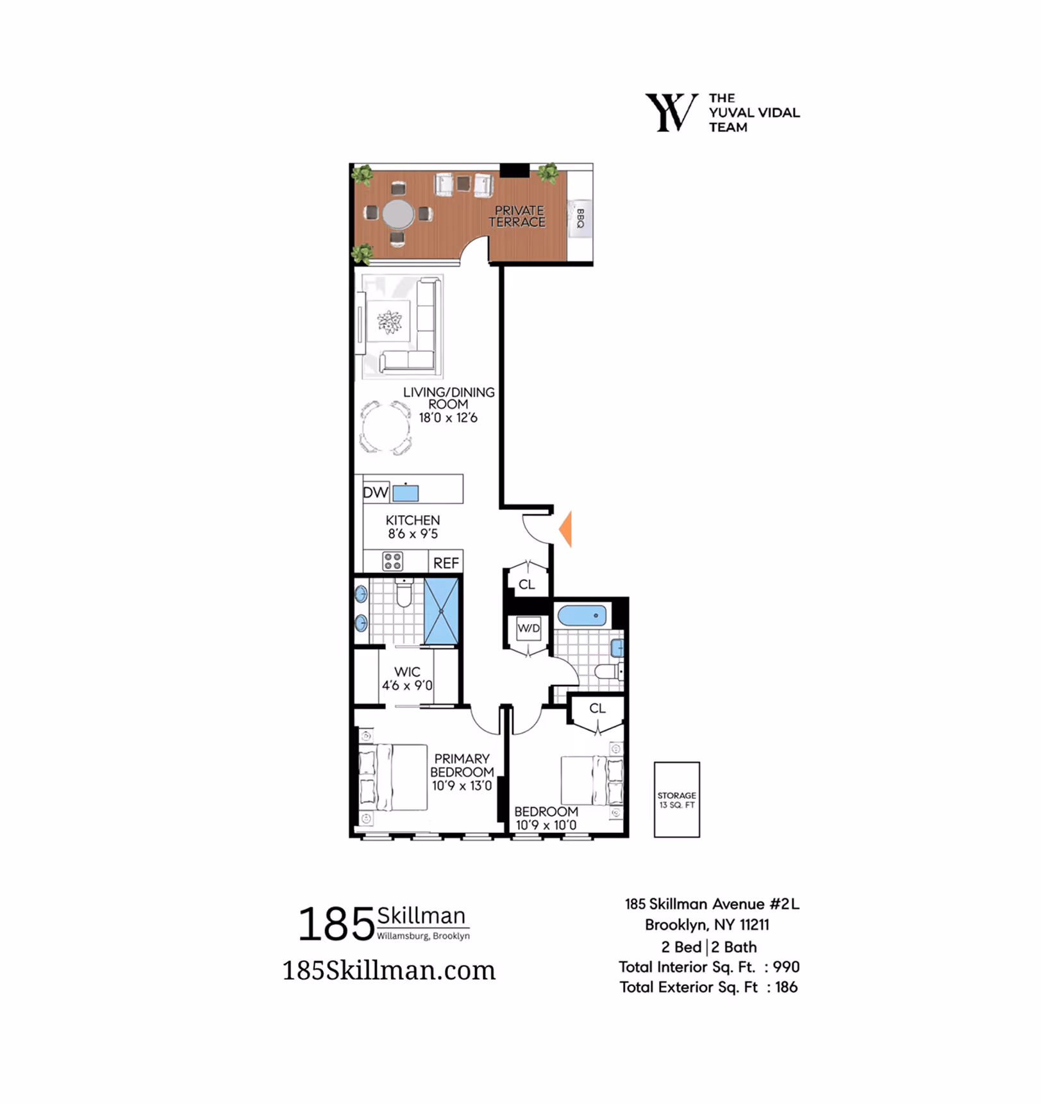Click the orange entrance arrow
tap(565, 529)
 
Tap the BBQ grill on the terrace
tap(580, 218)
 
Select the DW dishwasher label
tap(376, 492)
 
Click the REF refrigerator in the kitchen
tap(446, 563)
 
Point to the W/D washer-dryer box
tap(529, 629)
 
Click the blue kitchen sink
tap(406, 493)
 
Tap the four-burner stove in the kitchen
tap(392, 561)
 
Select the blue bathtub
tap(582, 616)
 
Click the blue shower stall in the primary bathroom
tap(441, 611)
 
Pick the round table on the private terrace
tap(398, 215)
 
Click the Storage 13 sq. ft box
tap(677, 800)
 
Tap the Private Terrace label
tap(517, 216)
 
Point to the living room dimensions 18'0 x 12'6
tap(448, 418)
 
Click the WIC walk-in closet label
tap(407, 671)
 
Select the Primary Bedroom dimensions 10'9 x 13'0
tap(462, 786)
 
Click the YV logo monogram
tap(671, 112)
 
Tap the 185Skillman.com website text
tap(389, 970)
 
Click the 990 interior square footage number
tap(786, 967)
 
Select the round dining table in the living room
tap(385, 427)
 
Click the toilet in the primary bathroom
tap(404, 593)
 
